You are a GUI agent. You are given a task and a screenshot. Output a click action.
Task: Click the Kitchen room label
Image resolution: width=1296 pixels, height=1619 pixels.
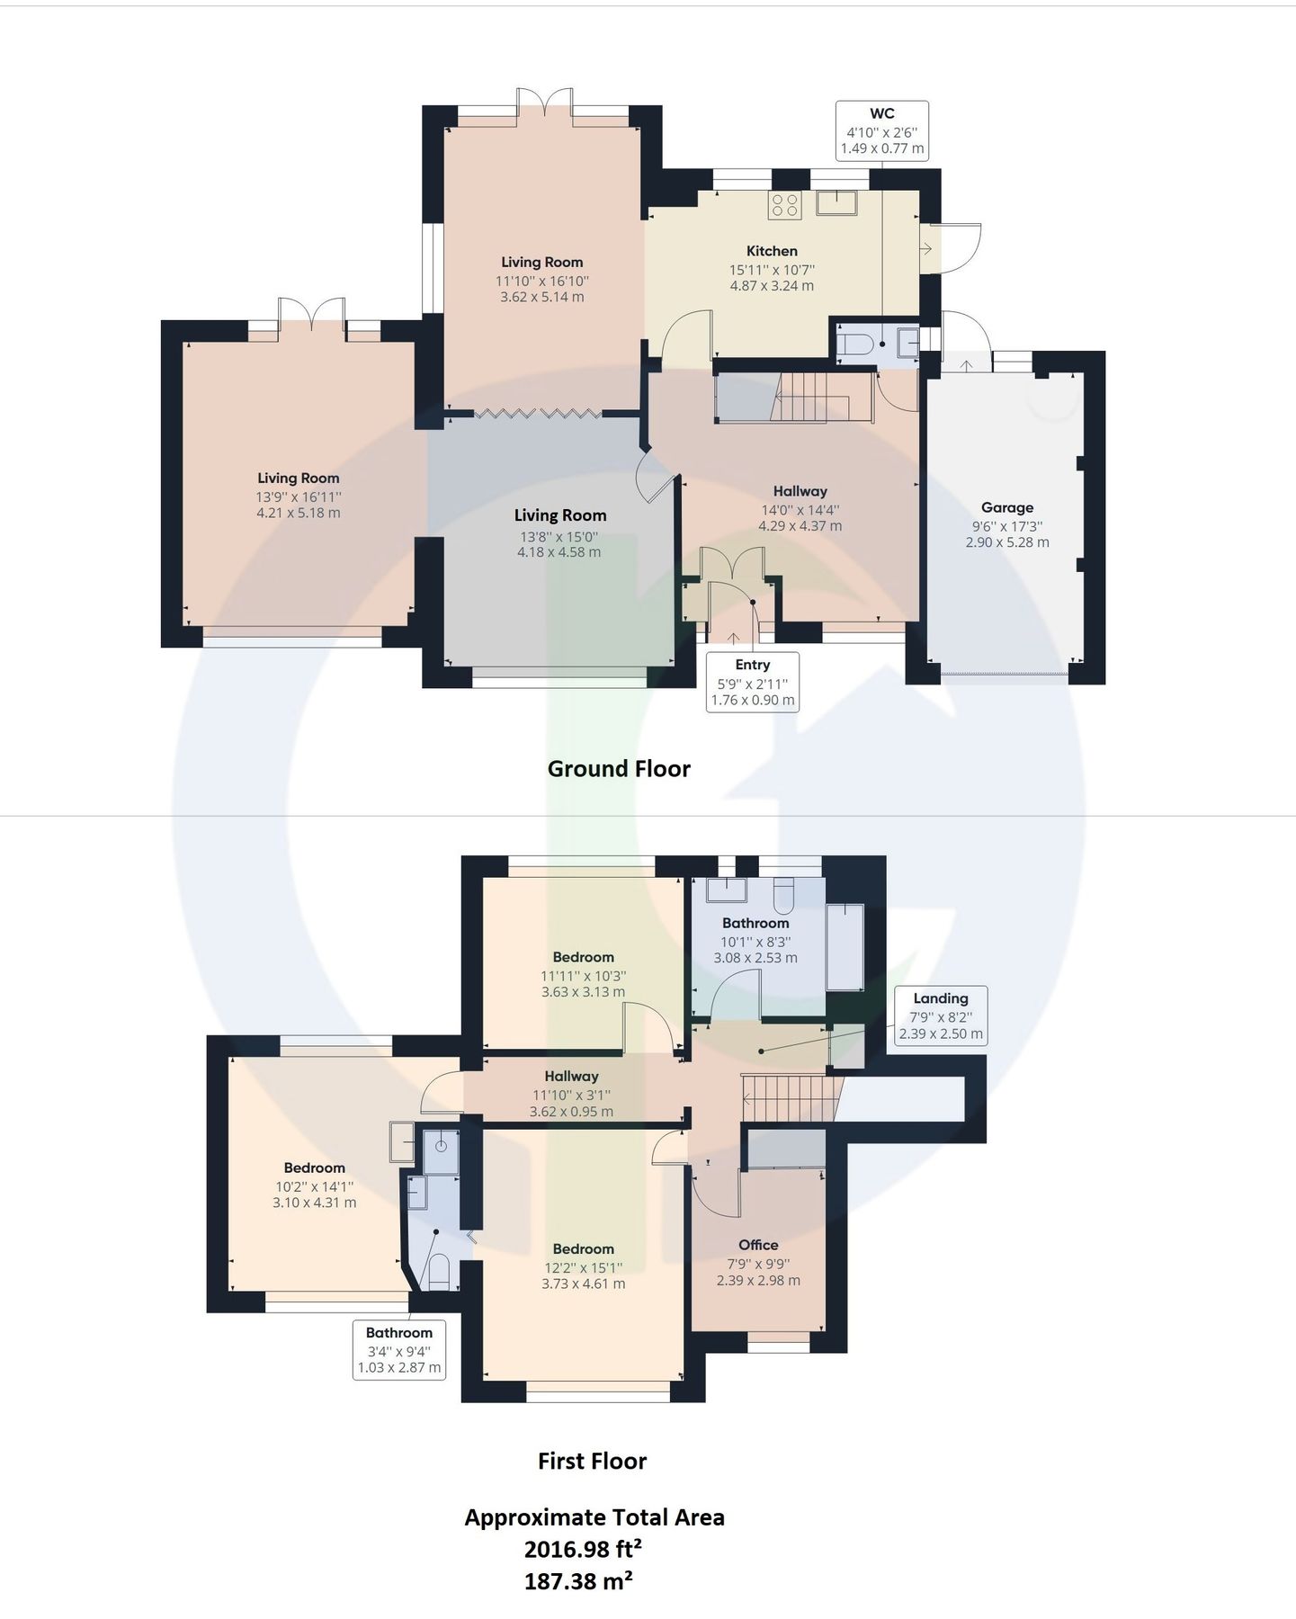[x=772, y=251]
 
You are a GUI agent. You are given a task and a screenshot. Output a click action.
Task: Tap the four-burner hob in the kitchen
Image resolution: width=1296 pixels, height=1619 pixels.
[x=784, y=205]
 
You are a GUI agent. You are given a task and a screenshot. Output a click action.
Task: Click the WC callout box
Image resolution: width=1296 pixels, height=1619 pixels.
[x=881, y=131]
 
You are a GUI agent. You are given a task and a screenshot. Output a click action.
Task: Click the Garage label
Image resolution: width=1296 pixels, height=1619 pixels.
[x=1006, y=507]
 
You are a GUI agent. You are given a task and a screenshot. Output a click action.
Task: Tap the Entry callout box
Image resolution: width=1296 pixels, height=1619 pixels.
[x=752, y=682]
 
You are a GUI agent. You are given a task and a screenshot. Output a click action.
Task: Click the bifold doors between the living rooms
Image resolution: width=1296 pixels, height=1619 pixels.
[x=538, y=414]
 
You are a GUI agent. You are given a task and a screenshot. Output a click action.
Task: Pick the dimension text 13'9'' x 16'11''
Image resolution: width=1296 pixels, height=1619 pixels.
[x=298, y=496]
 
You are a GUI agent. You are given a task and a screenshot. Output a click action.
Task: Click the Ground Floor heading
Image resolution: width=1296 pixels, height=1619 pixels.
[x=619, y=769]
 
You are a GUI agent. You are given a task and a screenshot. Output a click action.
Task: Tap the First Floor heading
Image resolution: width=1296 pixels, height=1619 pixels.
[x=592, y=1462]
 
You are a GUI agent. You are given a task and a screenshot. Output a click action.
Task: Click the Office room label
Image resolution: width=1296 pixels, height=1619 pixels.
[x=758, y=1245]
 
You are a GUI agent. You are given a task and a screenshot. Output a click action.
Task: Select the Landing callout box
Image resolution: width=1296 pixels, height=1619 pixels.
[x=941, y=1015]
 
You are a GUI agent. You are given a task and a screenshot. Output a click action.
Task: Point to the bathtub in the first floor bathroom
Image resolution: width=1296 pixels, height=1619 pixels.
[x=845, y=947]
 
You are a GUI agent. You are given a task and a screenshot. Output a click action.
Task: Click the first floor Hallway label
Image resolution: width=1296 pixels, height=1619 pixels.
[x=571, y=1076]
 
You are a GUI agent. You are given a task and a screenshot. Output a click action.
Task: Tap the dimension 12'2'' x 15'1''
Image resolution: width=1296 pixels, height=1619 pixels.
[x=583, y=1267]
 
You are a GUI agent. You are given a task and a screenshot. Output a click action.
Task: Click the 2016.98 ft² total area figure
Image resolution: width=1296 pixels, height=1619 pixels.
[x=583, y=1549]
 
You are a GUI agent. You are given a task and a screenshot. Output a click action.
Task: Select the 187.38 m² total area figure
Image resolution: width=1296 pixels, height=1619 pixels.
[x=578, y=1580]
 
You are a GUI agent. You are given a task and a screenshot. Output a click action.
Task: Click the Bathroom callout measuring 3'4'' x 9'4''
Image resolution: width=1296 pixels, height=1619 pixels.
[x=399, y=1350]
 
